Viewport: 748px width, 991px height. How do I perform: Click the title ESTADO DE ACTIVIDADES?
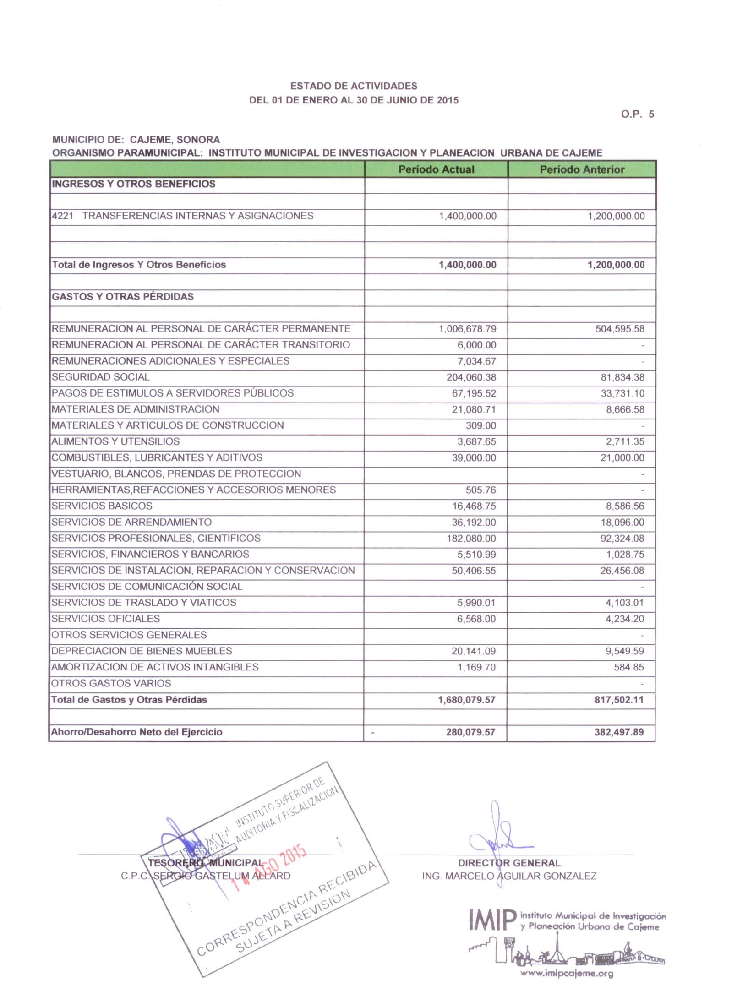pyautogui.click(x=354, y=86)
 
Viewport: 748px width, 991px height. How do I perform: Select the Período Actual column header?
pyautogui.click(x=436, y=169)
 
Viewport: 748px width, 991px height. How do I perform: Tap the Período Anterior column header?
pyautogui.click(x=582, y=169)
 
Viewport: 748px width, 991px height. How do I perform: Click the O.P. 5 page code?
pyautogui.click(x=637, y=114)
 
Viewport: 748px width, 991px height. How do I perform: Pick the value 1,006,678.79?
pyautogui.click(x=467, y=329)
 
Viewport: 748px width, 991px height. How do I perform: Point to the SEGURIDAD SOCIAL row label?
pyautogui.click(x=101, y=377)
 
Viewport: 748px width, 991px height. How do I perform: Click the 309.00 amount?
pyautogui.click(x=480, y=425)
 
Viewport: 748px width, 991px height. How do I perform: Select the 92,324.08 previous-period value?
pyautogui.click(x=622, y=539)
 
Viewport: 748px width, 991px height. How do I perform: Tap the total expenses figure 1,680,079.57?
pyautogui.click(x=466, y=700)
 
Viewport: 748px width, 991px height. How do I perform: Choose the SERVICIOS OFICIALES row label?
pyautogui.click(x=106, y=619)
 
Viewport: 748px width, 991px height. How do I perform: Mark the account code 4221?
pyautogui.click(x=63, y=216)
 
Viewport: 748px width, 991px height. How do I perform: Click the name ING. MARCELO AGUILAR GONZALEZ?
pyautogui.click(x=509, y=876)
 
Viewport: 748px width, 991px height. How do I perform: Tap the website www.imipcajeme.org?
pyautogui.click(x=567, y=973)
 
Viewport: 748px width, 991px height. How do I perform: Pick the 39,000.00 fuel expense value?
pyautogui.click(x=474, y=457)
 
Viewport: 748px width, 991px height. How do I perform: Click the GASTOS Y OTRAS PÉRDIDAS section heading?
pyautogui.click(x=123, y=297)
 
